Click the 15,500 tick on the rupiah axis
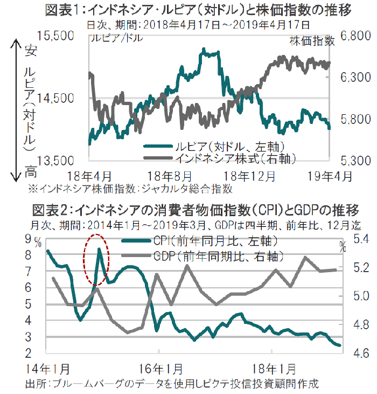tap(59, 36)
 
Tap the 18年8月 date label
tap(169, 175)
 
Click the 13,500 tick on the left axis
tap(59, 160)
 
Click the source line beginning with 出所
tap(172, 384)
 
